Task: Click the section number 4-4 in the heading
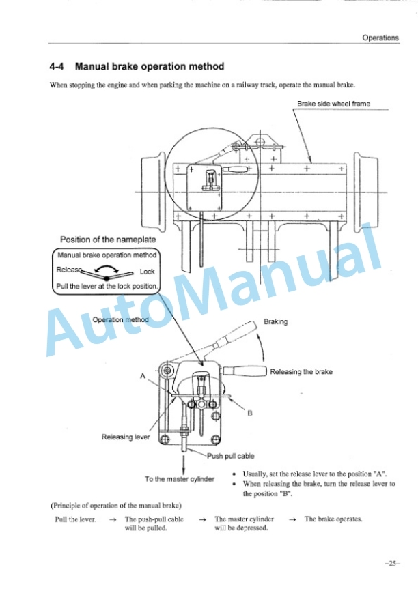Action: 57,67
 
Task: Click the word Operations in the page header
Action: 380,38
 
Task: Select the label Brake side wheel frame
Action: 333,104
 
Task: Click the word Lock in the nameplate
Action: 147,272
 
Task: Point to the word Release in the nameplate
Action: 69,270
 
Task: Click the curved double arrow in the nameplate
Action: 107,267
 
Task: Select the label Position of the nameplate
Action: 108,240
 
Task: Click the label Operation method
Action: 120,319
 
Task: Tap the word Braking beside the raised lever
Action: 275,322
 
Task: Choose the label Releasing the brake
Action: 301,372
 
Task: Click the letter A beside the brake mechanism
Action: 143,376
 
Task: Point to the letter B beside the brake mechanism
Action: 250,413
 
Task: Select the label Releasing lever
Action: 126,437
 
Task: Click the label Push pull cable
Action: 230,456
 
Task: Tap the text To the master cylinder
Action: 179,479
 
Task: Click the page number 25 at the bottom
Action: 392,564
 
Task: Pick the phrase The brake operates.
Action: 333,519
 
